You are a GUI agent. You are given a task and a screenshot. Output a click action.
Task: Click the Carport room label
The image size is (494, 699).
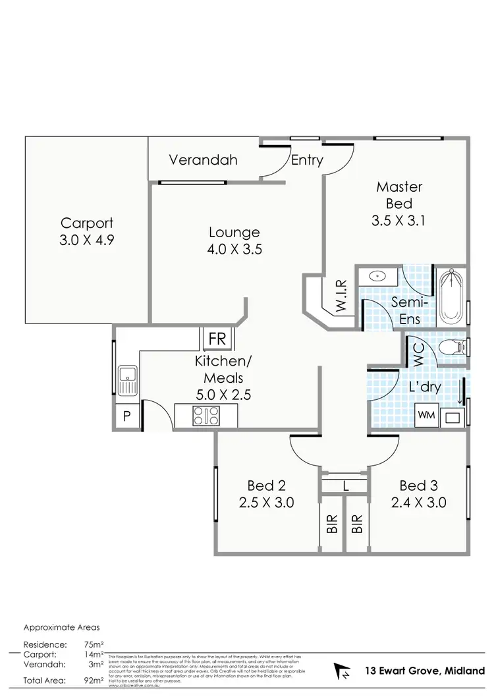[x=87, y=223]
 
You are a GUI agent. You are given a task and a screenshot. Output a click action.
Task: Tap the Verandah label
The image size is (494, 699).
[x=202, y=159]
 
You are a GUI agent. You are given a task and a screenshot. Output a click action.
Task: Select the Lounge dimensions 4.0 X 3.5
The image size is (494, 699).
[x=234, y=249]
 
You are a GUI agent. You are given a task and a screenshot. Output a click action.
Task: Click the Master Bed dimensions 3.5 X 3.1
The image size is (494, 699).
[x=398, y=221]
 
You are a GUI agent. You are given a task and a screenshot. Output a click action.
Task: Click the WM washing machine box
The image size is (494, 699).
[x=425, y=416]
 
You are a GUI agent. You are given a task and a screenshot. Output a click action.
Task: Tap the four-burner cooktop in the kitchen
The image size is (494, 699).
[x=206, y=415]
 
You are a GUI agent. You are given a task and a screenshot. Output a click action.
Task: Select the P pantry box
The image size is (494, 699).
[x=126, y=416]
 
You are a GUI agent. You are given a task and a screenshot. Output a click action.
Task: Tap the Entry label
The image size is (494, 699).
[x=307, y=160]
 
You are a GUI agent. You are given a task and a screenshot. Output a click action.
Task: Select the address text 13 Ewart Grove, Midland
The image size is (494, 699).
[x=420, y=671]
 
